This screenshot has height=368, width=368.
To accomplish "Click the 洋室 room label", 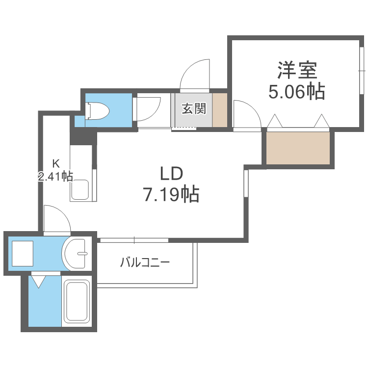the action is coord(297,70).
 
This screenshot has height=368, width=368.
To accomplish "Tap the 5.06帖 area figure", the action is coord(297,92).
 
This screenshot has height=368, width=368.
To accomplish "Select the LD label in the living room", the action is coord(171,173).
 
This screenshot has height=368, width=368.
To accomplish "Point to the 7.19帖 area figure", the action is coord(171,194).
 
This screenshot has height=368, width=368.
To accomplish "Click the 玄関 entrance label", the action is coord(194,108).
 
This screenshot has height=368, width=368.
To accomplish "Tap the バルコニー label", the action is coord(145,262).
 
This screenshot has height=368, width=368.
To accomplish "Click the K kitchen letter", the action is coord(56,163).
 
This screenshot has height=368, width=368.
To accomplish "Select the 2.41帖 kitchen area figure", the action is coord(55,177).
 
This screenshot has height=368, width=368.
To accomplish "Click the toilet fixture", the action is coord(98,110).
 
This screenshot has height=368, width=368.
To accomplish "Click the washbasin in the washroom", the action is coord(76,254).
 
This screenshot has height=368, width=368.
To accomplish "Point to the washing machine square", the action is coord(23,254).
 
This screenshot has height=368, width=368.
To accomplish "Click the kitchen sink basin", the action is coord(80,189).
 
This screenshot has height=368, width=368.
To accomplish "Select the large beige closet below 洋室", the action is coord(298,148).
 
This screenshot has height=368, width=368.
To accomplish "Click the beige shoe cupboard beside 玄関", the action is coord(220,110).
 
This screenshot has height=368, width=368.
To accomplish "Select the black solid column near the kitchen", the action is coord(83,136).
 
